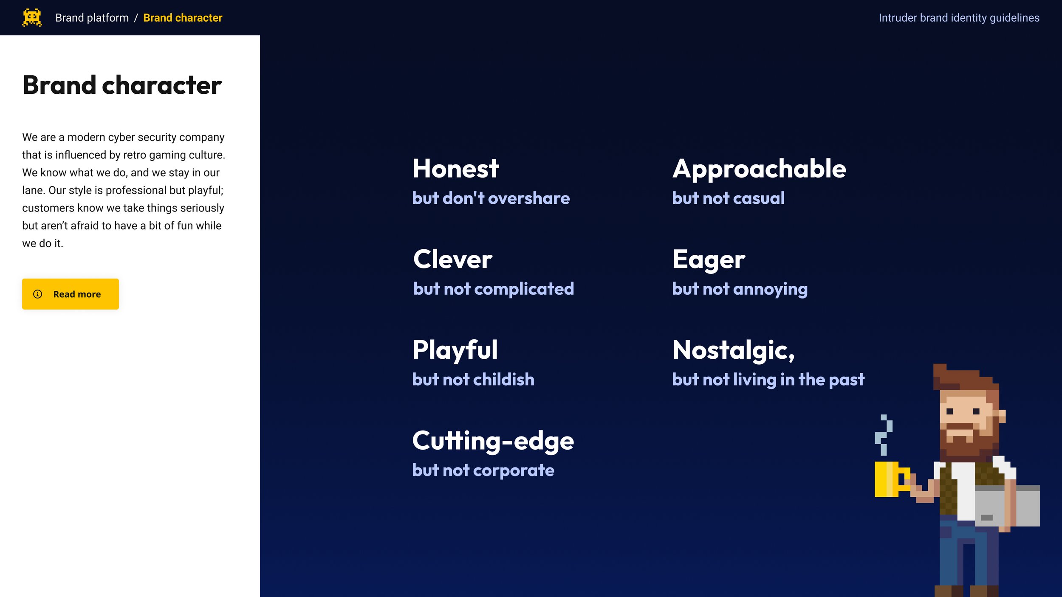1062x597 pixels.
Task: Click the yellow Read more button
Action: coord(71,294)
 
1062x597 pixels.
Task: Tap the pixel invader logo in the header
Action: coord(32,17)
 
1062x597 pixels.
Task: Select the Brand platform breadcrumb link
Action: coord(92,18)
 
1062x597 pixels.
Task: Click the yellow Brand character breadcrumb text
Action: coord(183,18)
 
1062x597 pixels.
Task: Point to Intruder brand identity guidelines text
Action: coord(959,18)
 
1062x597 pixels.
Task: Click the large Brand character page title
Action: coord(122,85)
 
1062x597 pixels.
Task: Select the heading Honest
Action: coord(455,169)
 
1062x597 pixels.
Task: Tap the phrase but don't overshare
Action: coord(491,198)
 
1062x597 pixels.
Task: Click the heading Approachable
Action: coord(759,169)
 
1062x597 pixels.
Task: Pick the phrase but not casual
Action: coord(728,198)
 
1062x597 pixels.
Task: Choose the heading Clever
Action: coord(452,259)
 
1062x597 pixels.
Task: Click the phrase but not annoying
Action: coord(740,289)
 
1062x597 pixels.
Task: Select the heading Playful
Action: coord(455,350)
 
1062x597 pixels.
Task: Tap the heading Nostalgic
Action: coord(733,350)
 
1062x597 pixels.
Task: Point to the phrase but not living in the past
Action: coord(768,380)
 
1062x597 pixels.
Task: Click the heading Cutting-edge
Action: coord(493,441)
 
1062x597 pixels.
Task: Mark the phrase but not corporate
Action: coord(483,470)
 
